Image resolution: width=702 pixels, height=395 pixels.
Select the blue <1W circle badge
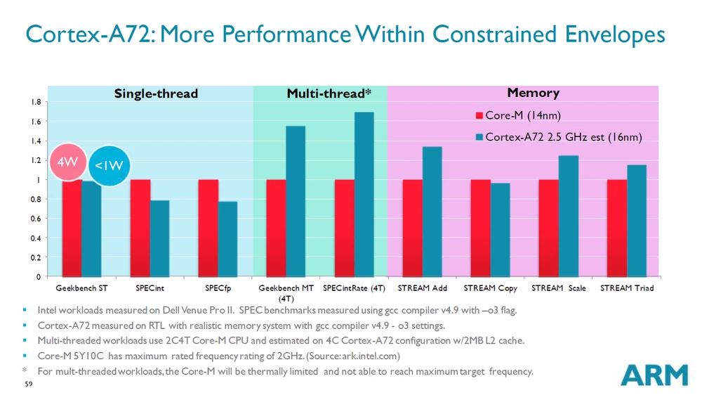click(109, 166)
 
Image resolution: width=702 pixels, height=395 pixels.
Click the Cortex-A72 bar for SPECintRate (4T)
click(364, 194)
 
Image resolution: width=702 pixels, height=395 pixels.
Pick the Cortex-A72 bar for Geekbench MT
click(296, 201)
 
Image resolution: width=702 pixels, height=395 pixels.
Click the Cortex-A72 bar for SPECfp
click(227, 239)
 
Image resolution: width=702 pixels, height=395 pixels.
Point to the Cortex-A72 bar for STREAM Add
click(432, 211)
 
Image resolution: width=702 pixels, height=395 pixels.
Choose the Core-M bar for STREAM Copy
click(481, 228)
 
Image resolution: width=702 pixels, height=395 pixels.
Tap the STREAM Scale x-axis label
click(559, 288)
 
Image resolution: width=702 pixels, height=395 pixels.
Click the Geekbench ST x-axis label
click(81, 288)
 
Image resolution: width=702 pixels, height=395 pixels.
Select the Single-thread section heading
click(157, 93)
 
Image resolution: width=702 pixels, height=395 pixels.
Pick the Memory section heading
click(533, 93)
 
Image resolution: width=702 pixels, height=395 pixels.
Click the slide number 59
click(28, 384)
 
